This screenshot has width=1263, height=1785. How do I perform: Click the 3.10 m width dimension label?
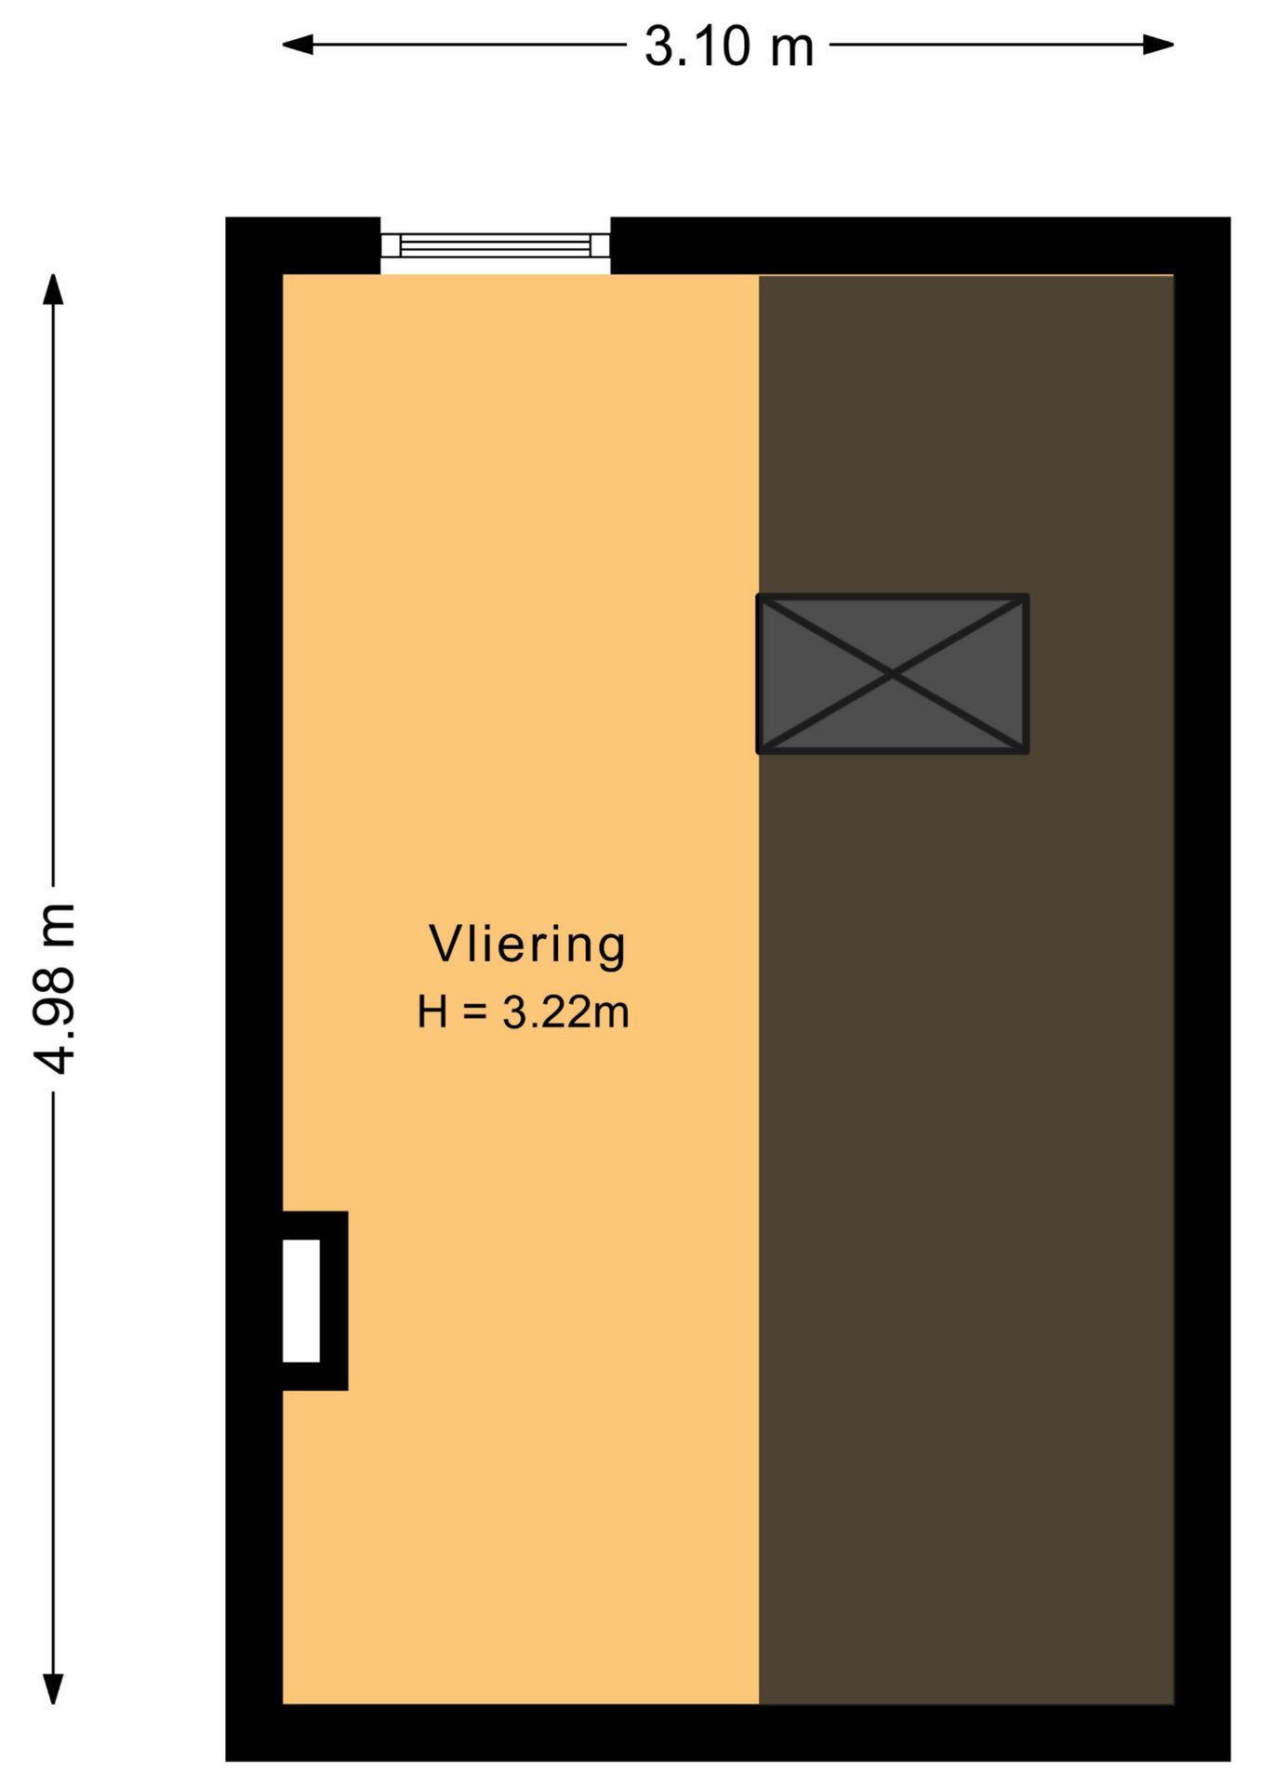pyautogui.click(x=729, y=46)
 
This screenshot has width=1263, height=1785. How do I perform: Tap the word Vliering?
pyautogui.click(x=527, y=945)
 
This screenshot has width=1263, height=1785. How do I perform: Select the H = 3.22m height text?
pyautogui.click(x=523, y=1011)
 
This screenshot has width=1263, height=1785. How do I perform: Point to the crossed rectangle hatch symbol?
pyautogui.click(x=893, y=673)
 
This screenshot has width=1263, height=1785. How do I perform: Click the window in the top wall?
pyautogui.click(x=495, y=245)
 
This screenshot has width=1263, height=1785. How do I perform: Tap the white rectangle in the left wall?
pyautogui.click(x=301, y=1301)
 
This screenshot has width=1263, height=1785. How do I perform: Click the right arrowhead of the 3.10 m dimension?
pyautogui.click(x=1159, y=44)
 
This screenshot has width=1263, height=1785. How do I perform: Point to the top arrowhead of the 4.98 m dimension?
pyautogui.click(x=54, y=289)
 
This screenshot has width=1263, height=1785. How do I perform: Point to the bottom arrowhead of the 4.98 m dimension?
pyautogui.click(x=54, y=1688)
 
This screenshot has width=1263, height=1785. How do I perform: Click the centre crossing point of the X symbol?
pyautogui.click(x=893, y=674)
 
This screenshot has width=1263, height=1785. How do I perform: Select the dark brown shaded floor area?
pyautogui.click(x=966, y=989)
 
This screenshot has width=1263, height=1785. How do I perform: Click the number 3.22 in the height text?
pyautogui.click(x=543, y=1011)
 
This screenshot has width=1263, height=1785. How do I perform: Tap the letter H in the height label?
pyautogui.click(x=432, y=1011)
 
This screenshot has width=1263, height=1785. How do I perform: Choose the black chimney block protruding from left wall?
pyautogui.click(x=315, y=1301)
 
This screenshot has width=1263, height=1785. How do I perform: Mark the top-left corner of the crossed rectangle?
pyautogui.click(x=758, y=595)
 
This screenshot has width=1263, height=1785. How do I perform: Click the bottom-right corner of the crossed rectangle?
pyautogui.click(x=1028, y=751)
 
